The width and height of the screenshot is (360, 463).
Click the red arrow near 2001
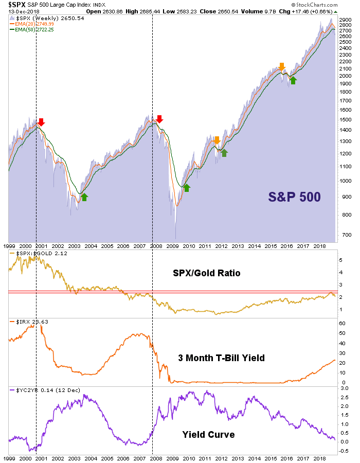pos(42,122)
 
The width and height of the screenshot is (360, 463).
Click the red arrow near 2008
pos(159,119)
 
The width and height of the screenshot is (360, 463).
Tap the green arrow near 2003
pos(84,197)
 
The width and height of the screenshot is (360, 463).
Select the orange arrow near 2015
pos(281,66)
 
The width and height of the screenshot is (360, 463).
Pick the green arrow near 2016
pos(293,80)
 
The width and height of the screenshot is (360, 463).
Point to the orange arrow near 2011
pos(217,140)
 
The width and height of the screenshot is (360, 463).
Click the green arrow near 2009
pos(187,187)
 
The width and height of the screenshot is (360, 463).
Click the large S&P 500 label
pos(295,196)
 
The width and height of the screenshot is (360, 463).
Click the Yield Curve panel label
pos(208,435)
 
